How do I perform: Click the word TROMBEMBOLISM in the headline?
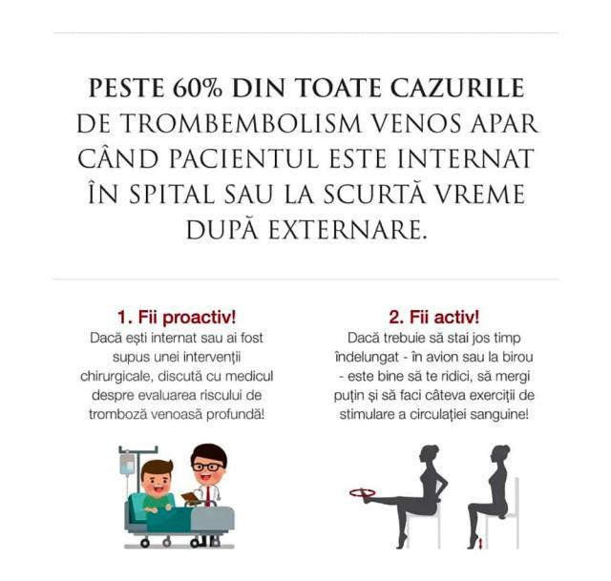pos(234,124)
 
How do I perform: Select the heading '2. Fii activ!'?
pos(434,317)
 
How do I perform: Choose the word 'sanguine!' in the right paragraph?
pos(495,415)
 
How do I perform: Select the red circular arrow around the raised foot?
pos(360,493)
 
